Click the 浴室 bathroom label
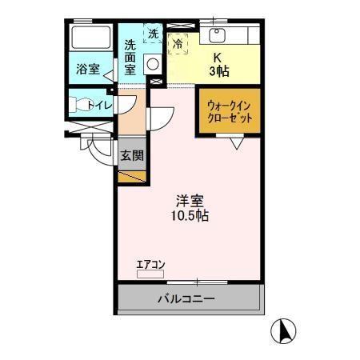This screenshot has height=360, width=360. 87,69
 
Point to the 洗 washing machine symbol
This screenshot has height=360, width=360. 154,34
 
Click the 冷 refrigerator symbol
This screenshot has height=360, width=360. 178,43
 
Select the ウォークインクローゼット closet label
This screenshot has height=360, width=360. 230,110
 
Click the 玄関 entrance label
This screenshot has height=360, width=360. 132,156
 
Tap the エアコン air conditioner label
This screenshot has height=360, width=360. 150,263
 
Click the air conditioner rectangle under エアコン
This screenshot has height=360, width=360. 150,274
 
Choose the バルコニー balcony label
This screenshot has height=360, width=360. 185,300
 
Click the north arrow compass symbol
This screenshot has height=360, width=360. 284,329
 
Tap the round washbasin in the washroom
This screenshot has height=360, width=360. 150,67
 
